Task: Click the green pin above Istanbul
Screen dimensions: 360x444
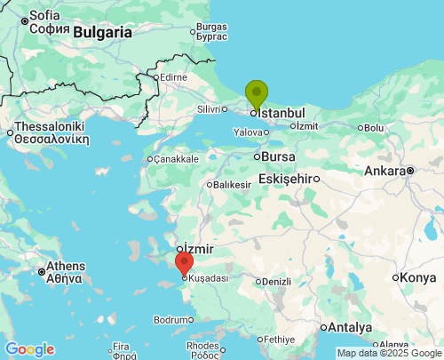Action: pos(256,93)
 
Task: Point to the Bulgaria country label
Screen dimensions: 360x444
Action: pos(102,32)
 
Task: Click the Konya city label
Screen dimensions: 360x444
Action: pos(417,278)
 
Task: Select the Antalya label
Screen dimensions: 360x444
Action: pos(351,326)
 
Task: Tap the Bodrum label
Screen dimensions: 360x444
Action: pos(170,319)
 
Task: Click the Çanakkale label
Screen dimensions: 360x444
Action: pos(176,159)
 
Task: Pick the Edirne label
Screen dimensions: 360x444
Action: pos(172,77)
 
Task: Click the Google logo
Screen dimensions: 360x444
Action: pos(29,349)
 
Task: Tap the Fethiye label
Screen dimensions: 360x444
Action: pos(279,340)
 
